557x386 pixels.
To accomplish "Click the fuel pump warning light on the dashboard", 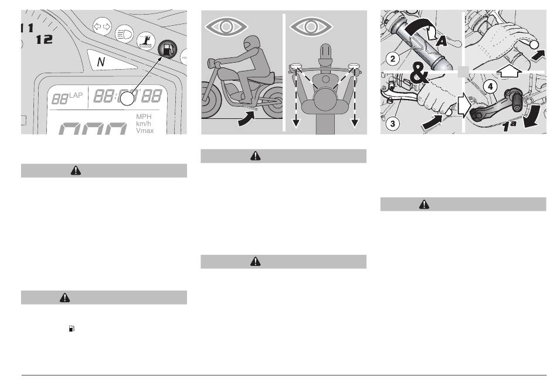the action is pos(168,49).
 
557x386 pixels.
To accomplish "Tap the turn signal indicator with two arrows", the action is pos(102,26).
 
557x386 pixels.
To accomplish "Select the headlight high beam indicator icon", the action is pos(124,34).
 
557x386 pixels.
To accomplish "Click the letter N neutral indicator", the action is pos(101,62).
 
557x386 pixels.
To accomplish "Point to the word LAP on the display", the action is pos(76,95).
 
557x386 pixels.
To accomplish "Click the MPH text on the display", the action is pos(144,117).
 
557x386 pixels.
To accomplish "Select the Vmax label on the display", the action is pos(145,131).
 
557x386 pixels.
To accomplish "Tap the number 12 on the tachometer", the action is pos(44,39).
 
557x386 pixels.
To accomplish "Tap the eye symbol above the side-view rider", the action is pos(226,26).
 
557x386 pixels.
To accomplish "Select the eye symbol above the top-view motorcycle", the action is pos(311,26).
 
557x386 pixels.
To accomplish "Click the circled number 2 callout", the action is pos(392,58).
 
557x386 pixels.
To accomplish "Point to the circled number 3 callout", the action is pos(392,124).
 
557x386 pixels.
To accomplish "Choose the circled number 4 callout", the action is pos(490,86).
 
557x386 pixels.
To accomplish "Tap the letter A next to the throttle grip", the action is pos(441,41).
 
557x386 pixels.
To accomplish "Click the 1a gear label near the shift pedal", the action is pos(510,125).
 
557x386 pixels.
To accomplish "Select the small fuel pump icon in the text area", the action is pos(72,329).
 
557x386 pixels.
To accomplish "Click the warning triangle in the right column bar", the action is pos(424,204).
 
